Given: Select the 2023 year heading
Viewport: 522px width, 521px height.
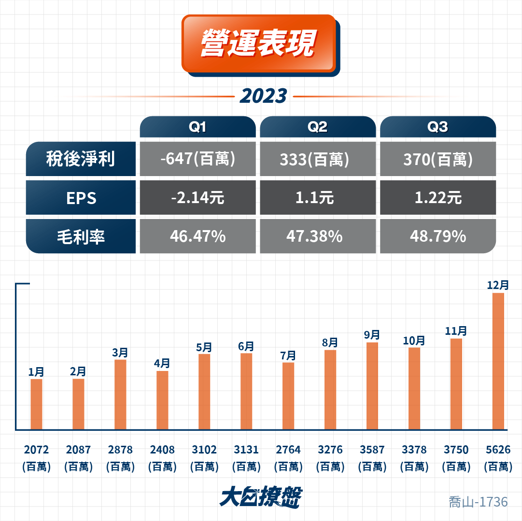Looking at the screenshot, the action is click(263, 96).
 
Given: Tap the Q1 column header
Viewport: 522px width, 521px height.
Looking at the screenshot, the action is click(198, 127).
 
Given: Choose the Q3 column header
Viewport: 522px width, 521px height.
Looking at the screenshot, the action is click(438, 127).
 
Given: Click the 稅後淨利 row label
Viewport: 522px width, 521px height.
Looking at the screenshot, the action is click(81, 159).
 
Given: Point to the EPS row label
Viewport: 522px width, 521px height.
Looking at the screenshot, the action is click(81, 197).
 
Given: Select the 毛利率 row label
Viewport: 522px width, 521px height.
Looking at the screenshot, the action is click(81, 236).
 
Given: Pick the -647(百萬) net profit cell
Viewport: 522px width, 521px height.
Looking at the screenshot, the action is click(198, 159).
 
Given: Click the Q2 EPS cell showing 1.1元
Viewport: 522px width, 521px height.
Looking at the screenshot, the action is click(318, 197).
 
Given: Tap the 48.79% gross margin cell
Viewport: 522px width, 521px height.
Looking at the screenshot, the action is click(438, 236).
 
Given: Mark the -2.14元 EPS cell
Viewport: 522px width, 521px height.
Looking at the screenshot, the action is click(198, 197).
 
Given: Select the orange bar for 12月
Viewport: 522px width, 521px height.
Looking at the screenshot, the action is click(498, 361).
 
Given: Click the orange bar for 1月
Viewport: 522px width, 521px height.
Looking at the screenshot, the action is click(37, 404).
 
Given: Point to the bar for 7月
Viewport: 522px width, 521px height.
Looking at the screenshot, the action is click(288, 396).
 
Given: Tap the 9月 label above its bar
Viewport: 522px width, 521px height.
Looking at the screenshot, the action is click(372, 335).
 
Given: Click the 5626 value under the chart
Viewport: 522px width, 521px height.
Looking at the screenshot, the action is click(498, 450).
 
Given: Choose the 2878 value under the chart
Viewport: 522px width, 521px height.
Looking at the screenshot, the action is click(120, 450).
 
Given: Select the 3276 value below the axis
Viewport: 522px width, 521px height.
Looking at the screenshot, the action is click(330, 450).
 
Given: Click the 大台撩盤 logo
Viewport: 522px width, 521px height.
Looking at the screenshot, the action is click(261, 497).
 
